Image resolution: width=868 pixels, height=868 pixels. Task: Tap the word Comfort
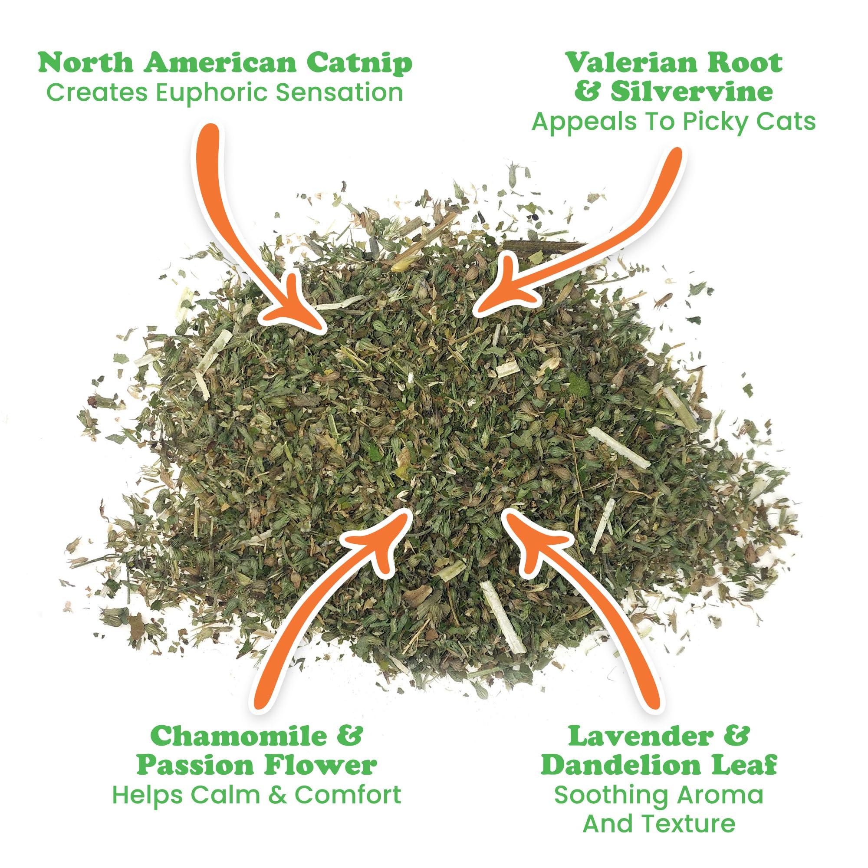pyautogui.click(x=348, y=794)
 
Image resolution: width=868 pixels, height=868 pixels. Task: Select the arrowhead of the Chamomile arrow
pyautogui.click(x=386, y=539)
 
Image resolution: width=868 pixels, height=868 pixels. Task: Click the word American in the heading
pyautogui.click(x=219, y=63)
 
